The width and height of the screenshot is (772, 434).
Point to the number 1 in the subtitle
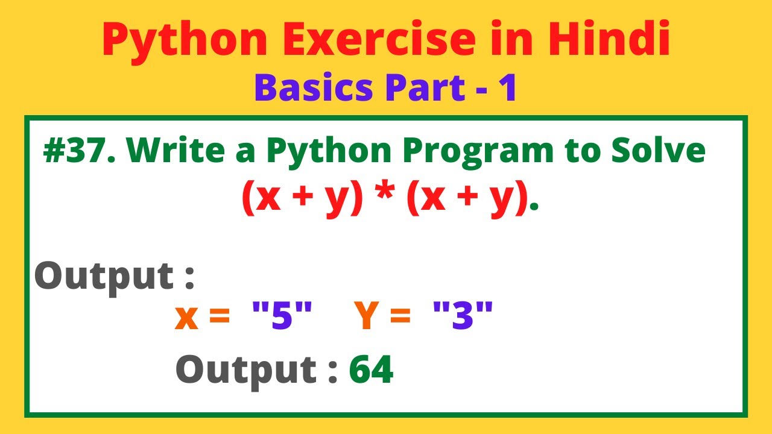508,88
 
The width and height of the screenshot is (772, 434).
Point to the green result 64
372,370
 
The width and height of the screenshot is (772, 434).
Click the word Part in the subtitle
425,88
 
